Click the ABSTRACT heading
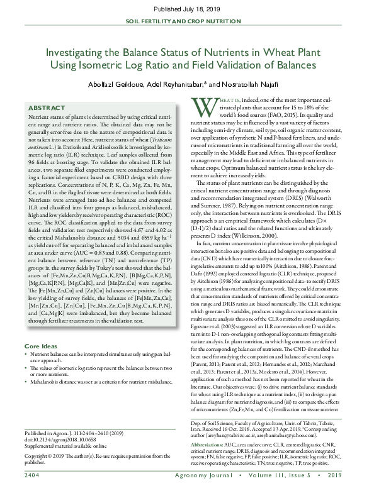[47, 108]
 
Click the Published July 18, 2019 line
[187, 10]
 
